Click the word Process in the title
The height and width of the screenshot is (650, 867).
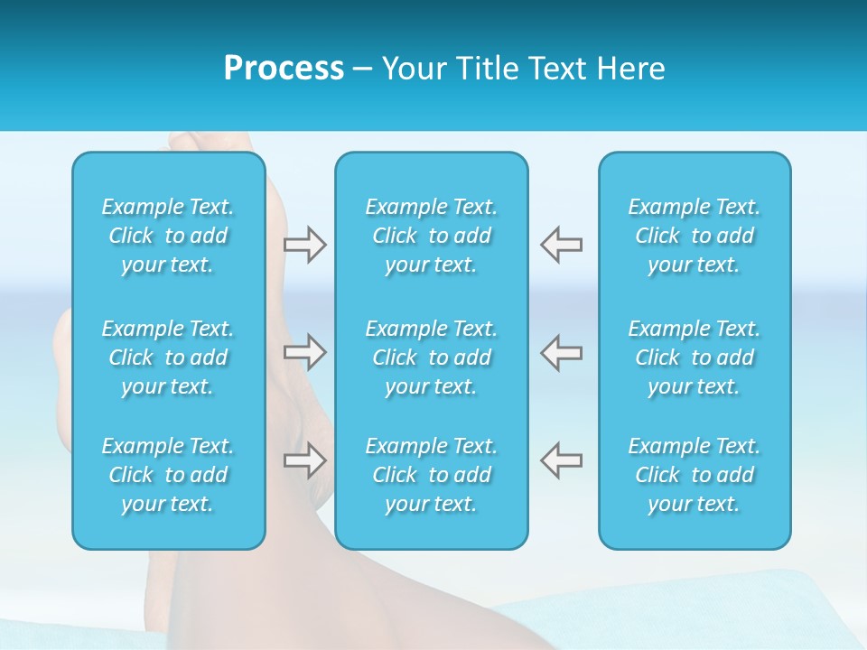[284, 69]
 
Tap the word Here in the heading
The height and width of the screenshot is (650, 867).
[630, 69]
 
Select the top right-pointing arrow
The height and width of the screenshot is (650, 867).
[305, 245]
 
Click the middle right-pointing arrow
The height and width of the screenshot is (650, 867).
[305, 352]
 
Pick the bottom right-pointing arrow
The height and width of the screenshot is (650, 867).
[305, 460]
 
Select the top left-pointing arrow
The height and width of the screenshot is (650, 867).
[561, 245]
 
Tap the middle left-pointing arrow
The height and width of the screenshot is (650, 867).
[561, 352]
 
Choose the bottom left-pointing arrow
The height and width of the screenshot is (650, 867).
[561, 460]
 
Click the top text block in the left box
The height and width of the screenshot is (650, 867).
[168, 236]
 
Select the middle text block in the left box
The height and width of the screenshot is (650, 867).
[168, 357]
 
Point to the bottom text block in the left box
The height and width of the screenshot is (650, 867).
[168, 475]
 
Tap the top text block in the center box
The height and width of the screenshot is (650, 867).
[432, 236]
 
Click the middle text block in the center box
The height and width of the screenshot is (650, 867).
[432, 357]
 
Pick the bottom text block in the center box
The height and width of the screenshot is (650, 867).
[432, 475]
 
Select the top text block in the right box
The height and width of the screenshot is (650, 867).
[695, 236]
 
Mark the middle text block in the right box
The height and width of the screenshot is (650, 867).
[695, 357]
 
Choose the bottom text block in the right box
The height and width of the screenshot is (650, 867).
[695, 475]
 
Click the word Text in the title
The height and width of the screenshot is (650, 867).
[555, 69]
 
